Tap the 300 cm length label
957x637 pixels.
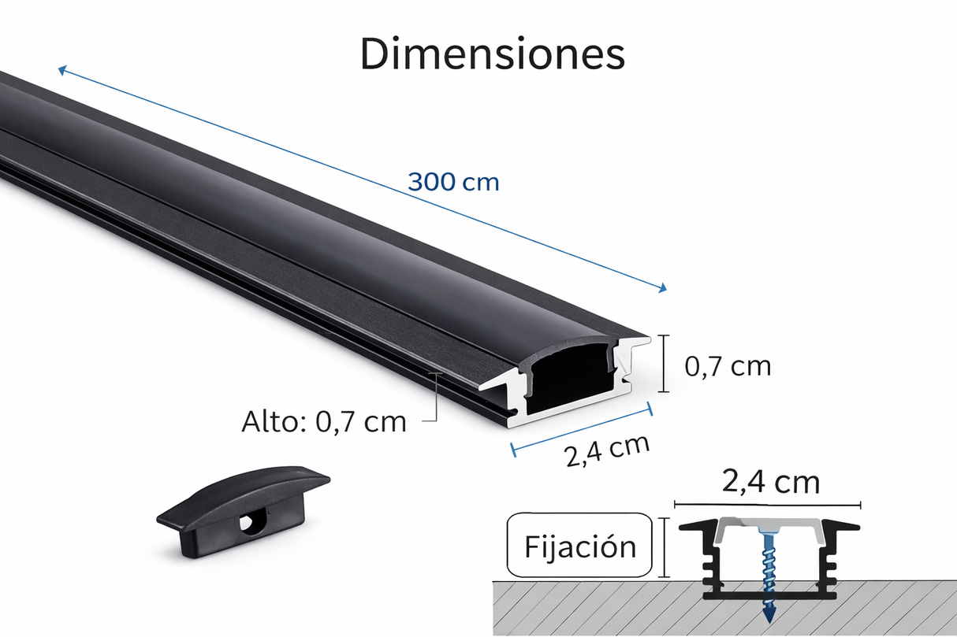(x=453, y=182)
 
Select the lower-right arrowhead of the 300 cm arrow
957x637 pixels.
(x=662, y=288)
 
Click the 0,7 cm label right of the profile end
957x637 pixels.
(x=728, y=366)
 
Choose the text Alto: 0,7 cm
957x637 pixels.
(x=323, y=422)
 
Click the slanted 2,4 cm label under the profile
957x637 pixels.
(x=607, y=450)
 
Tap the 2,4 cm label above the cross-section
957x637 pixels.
(x=770, y=482)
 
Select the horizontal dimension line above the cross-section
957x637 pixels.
(x=766, y=504)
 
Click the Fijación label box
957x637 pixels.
(x=580, y=546)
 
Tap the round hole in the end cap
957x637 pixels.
(x=253, y=523)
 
